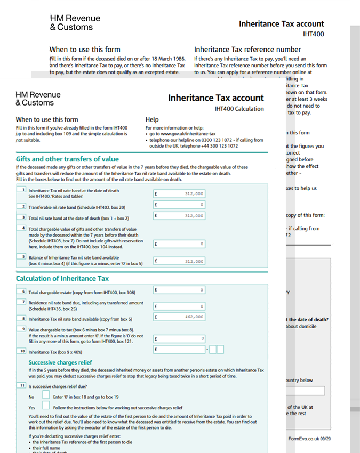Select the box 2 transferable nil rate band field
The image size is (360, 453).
[179, 205]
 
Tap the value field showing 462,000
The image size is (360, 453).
[179, 317]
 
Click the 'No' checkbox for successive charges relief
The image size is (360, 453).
[46, 397]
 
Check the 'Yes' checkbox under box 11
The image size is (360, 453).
[46, 407]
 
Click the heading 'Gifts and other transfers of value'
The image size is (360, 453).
[67, 159]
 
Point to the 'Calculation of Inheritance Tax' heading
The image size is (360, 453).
[62, 279]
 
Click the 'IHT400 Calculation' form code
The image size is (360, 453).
[239, 109]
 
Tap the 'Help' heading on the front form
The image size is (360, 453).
[152, 120]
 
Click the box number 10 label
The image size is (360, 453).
[22, 351]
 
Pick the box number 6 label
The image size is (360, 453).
[22, 292]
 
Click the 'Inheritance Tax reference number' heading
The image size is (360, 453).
[247, 50]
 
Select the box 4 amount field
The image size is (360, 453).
[179, 244]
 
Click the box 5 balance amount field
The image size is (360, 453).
[179, 261]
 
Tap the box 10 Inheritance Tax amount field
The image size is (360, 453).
[179, 350]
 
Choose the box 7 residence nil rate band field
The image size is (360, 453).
[179, 306]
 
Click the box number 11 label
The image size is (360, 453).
[22, 385]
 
